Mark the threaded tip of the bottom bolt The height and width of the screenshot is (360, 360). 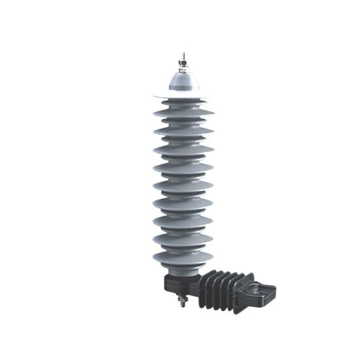(181, 308)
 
